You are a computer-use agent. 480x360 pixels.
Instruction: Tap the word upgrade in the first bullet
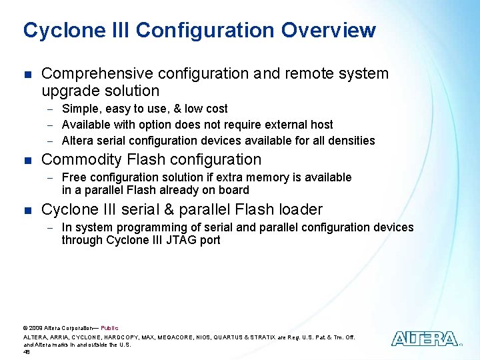[x=67, y=91]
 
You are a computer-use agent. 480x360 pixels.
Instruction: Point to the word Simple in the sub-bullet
[x=79, y=109]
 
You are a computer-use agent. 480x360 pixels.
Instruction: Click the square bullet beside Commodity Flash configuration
[x=27, y=160]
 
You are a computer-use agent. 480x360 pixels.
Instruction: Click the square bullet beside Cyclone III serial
[x=27, y=210]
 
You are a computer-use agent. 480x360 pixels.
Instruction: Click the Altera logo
[x=425, y=339]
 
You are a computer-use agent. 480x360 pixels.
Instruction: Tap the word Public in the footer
[x=109, y=328]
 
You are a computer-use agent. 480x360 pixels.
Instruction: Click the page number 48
[x=27, y=352]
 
